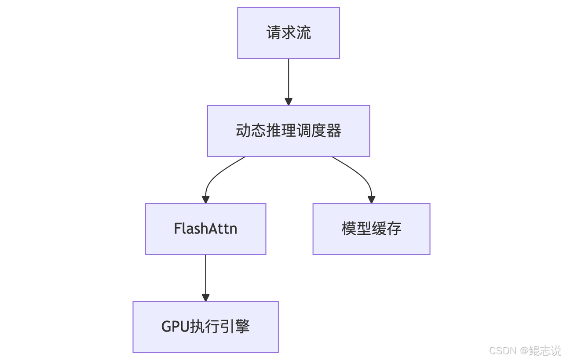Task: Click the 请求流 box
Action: point(289,33)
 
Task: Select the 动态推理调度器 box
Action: point(289,131)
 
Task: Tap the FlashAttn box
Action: point(205,229)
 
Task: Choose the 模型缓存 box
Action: point(372,229)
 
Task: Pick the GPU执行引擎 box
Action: point(205,327)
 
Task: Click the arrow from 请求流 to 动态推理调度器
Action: point(289,82)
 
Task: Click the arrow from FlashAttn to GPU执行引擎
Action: point(205,278)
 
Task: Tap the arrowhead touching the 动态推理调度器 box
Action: point(289,102)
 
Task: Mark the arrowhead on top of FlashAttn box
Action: point(205,200)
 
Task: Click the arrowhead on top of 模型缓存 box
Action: point(372,200)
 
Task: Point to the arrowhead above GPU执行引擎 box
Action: point(205,298)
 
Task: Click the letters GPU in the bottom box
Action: point(175,327)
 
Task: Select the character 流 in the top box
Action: point(303,33)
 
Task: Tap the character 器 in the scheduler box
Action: point(334,131)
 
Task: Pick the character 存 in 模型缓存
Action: point(394,229)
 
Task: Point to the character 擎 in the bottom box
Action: point(242,327)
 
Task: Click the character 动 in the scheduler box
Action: point(243,131)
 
